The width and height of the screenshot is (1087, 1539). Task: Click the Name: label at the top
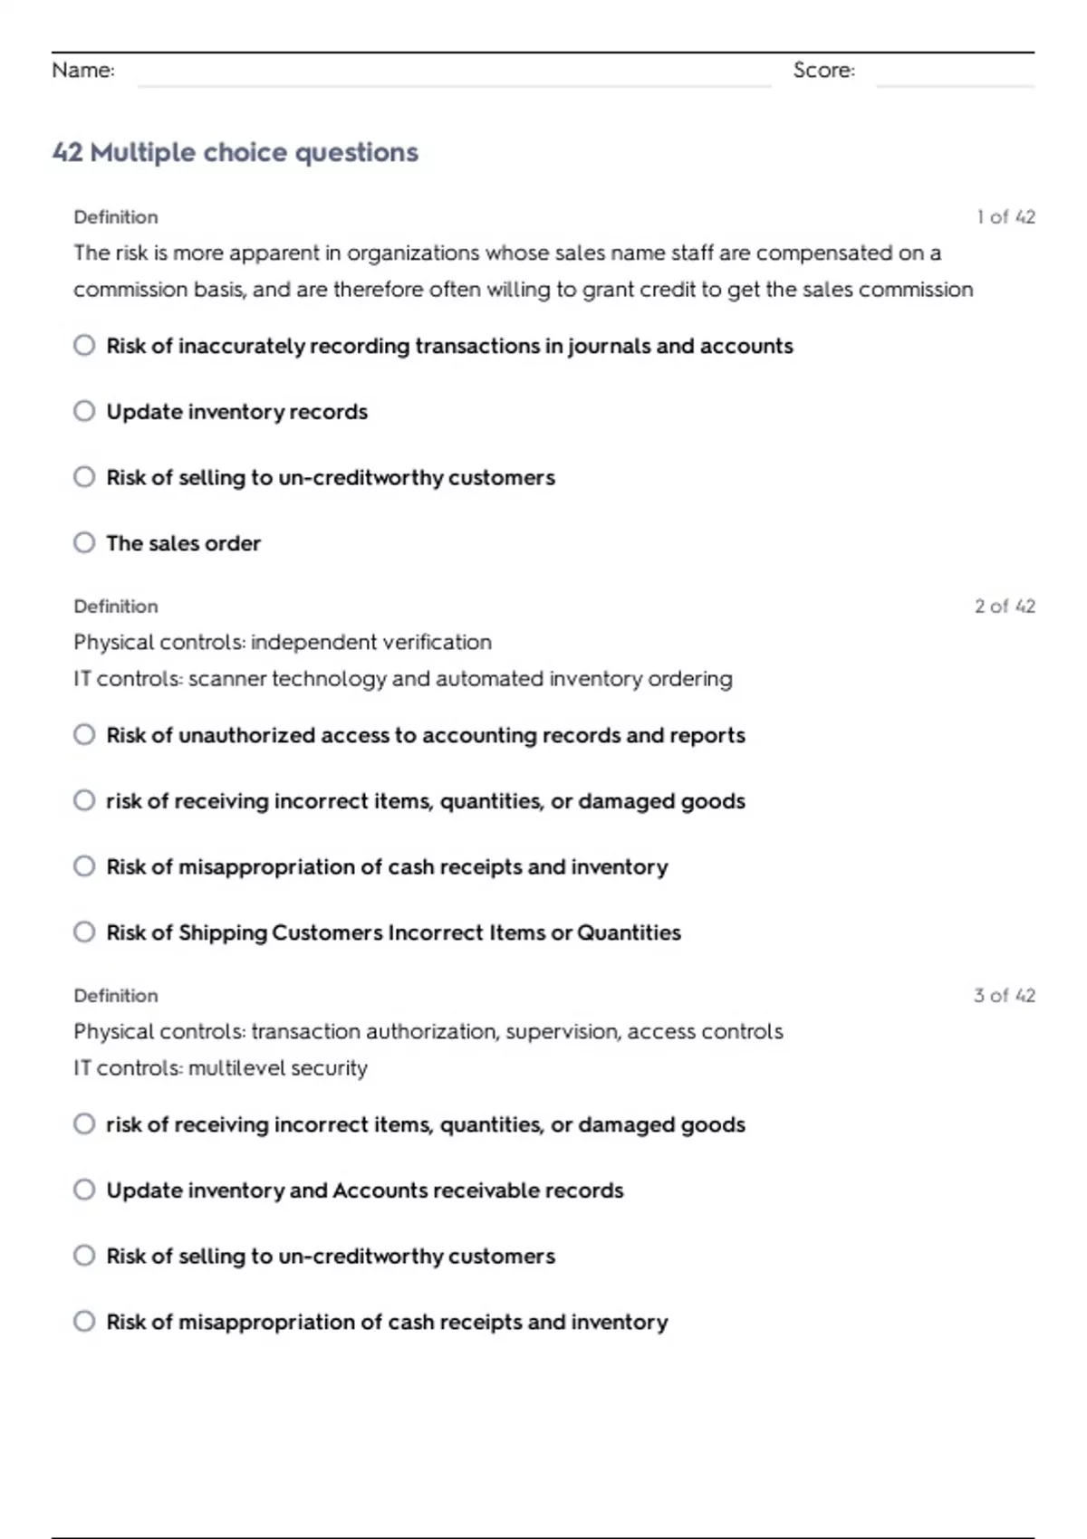pos(82,71)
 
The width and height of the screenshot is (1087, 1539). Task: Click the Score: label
pos(823,71)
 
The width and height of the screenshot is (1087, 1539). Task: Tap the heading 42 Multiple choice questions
pos(236,152)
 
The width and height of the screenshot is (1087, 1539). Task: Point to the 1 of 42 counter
pos(1005,217)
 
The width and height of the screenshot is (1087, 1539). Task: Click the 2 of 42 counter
pos(1005,607)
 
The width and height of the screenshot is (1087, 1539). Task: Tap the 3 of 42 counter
pos(1005,996)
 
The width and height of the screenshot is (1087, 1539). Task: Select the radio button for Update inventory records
pos(84,412)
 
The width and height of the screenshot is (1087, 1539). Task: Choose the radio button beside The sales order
pos(84,543)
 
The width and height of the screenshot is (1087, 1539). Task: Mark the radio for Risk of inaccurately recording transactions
pos(84,346)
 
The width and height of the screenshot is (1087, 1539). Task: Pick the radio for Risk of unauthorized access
pos(84,735)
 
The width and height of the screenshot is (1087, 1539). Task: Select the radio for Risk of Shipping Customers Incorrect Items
pos(84,932)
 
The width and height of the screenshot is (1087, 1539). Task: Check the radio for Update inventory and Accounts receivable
pos(84,1190)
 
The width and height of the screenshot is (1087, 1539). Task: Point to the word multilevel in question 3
pos(230,1068)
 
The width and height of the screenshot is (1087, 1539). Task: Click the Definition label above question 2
pos(116,607)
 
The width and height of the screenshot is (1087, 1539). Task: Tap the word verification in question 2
pos(437,643)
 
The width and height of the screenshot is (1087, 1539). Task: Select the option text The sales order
pos(183,543)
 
